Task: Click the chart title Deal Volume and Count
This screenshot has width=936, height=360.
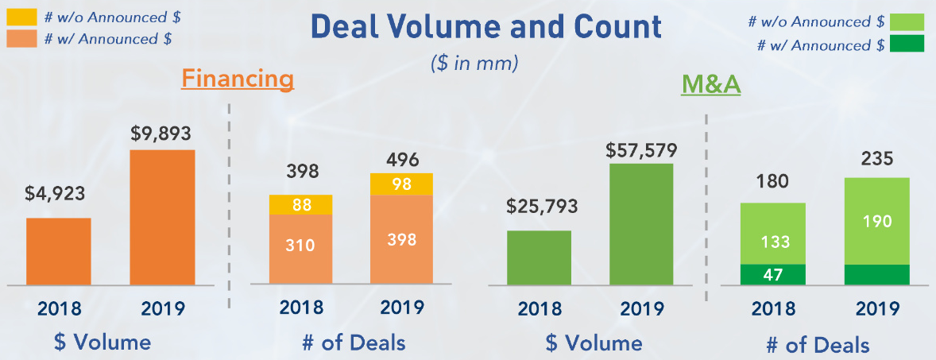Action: pyautogui.click(x=485, y=27)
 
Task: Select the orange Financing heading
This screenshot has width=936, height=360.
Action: pyautogui.click(x=238, y=79)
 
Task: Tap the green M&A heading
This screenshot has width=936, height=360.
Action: pyautogui.click(x=710, y=84)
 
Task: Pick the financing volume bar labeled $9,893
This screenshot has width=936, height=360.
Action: pyautogui.click(x=162, y=217)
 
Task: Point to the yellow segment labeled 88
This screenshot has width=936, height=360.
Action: pyautogui.click(x=300, y=205)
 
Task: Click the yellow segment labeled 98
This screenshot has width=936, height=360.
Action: pyautogui.click(x=401, y=184)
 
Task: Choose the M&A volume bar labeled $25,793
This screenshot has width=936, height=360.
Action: pyautogui.click(x=539, y=257)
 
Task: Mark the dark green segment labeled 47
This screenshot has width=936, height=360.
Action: pyautogui.click(x=772, y=275)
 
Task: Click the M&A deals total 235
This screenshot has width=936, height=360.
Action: pyautogui.click(x=876, y=159)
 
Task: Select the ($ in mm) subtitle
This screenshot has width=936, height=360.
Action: pyautogui.click(x=474, y=63)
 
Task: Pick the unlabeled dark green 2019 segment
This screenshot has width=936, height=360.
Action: pyautogui.click(x=876, y=275)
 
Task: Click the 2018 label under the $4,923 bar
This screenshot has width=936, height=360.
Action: pyautogui.click(x=58, y=308)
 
